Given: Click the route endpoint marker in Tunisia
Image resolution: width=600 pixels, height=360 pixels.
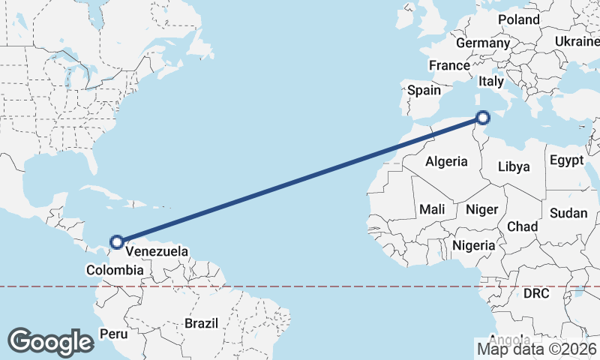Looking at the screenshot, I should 483,117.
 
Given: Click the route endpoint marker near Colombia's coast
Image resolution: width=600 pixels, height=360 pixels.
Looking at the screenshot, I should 116,241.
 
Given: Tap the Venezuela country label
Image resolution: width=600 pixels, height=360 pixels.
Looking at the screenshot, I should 156,251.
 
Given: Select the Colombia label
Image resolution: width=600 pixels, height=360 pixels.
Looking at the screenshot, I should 114,270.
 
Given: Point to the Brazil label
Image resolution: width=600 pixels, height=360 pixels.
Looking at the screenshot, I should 201,323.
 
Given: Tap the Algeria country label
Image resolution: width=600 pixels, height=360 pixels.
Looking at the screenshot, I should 446,161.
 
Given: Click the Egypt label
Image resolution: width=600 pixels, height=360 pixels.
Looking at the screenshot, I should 566,160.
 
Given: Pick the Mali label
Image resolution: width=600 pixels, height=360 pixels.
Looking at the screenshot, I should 432,208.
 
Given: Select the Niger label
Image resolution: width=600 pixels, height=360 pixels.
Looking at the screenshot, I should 481,209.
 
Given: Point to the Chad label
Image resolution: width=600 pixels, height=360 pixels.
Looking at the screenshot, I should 523,226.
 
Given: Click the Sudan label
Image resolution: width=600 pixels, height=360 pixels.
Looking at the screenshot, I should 568,213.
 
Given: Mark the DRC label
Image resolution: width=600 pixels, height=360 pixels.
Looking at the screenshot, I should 537,292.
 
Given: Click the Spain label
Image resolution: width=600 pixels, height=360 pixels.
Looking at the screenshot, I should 424,90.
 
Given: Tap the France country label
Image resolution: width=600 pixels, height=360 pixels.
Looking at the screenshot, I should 449,65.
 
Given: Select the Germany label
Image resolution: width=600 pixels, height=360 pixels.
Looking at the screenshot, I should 482,43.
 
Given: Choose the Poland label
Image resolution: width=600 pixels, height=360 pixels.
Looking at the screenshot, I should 518,19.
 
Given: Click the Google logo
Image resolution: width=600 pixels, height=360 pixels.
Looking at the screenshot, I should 50,342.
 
